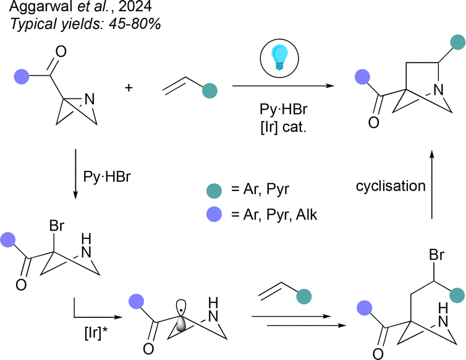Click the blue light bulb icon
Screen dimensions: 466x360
(279, 57)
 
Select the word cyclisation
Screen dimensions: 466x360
(391, 186)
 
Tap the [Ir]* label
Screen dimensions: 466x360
(96, 333)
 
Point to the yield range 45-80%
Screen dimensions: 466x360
(135, 24)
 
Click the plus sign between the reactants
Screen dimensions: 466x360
(129, 88)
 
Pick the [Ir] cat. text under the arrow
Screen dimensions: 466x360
(283, 127)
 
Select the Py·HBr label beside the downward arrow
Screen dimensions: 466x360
(107, 177)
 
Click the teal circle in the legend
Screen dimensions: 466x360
(214, 191)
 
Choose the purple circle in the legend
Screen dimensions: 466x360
(214, 214)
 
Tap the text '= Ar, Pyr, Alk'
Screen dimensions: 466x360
(274, 214)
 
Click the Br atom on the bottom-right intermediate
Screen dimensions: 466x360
(436, 255)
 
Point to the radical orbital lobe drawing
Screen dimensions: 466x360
(180, 316)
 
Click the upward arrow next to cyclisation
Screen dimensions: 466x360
(432, 184)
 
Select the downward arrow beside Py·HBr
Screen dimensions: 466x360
(75, 174)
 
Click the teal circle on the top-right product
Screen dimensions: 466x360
(458, 42)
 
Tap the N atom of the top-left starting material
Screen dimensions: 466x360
(90, 99)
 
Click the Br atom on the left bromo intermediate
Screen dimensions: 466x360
(56, 226)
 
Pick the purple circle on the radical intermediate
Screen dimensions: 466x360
(136, 301)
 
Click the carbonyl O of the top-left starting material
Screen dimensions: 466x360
(61, 52)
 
